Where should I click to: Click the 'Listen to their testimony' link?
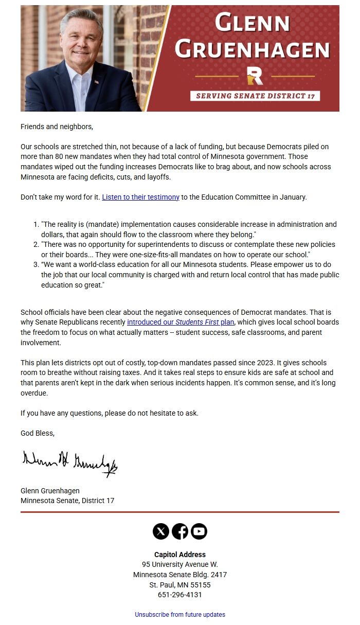[x=140, y=197]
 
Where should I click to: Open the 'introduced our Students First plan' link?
[x=181, y=323]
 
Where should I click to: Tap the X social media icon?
[x=161, y=531]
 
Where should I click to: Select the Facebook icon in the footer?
[x=180, y=531]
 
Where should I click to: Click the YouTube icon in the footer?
[x=199, y=531]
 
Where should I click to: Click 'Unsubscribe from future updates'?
[x=180, y=615]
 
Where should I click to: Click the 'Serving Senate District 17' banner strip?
[x=255, y=96]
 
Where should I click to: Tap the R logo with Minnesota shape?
[x=255, y=76]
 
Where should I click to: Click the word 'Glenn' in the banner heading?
[x=253, y=24]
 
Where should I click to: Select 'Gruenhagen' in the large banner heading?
[x=252, y=50]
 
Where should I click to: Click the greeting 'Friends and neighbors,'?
[x=57, y=126]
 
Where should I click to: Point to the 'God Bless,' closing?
[x=38, y=433]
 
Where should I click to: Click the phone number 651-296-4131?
[x=180, y=595]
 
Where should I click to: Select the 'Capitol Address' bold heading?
[x=180, y=555]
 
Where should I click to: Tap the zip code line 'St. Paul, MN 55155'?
[x=180, y=585]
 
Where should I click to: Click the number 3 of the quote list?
[x=36, y=265]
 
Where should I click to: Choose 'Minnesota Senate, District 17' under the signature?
[x=67, y=501]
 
